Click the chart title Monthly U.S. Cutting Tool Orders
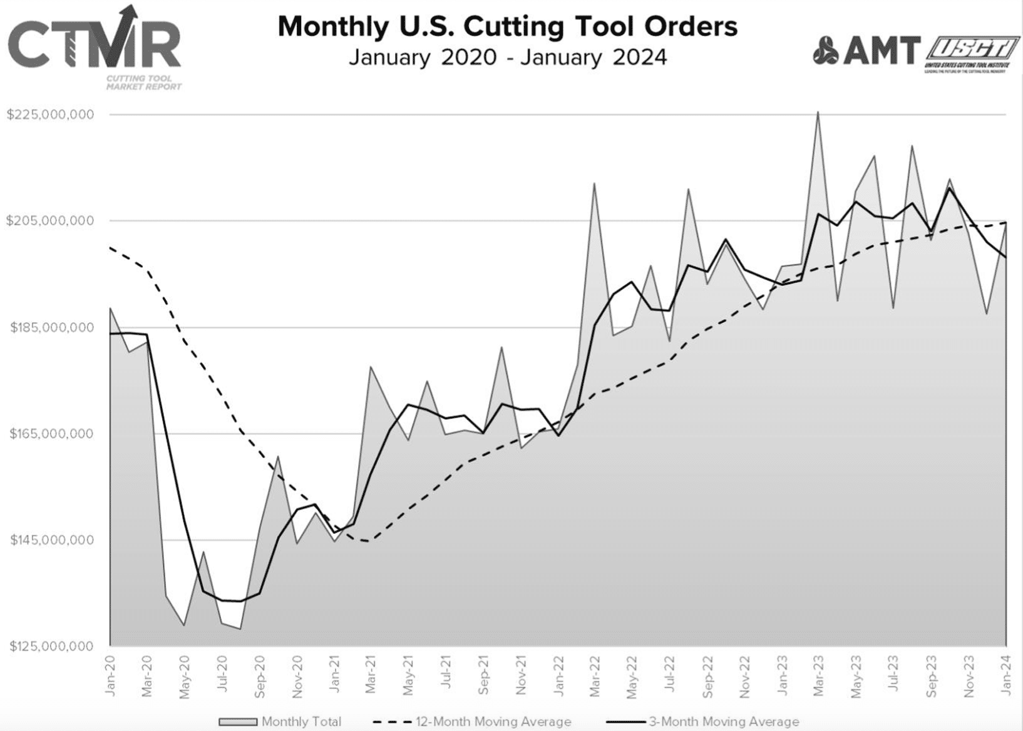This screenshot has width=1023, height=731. (508, 27)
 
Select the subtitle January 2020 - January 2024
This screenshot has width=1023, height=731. (508, 58)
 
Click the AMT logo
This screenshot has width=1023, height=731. (866, 51)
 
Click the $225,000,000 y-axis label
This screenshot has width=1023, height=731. (51, 115)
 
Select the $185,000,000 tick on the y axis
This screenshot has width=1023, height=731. (51, 327)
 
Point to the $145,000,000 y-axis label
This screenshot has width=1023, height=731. (51, 540)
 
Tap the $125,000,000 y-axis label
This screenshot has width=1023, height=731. (51, 646)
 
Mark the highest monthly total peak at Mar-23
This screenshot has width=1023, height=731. (818, 113)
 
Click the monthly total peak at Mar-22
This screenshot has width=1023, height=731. (594, 183)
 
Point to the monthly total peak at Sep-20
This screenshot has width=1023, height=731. (278, 456)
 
